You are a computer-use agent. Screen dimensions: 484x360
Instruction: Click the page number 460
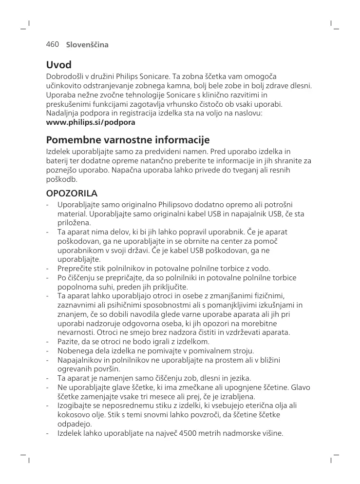click(x=52, y=44)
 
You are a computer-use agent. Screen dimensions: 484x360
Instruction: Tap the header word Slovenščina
click(x=87, y=45)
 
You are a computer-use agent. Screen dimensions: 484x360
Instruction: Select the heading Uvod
click(x=58, y=65)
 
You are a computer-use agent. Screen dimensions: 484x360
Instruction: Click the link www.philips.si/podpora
click(x=84, y=122)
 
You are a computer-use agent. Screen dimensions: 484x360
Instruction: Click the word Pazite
click(x=67, y=342)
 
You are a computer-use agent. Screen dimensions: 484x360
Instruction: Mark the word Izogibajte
click(x=76, y=406)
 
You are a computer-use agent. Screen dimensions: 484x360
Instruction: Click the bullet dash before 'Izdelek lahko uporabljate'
click(x=47, y=433)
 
